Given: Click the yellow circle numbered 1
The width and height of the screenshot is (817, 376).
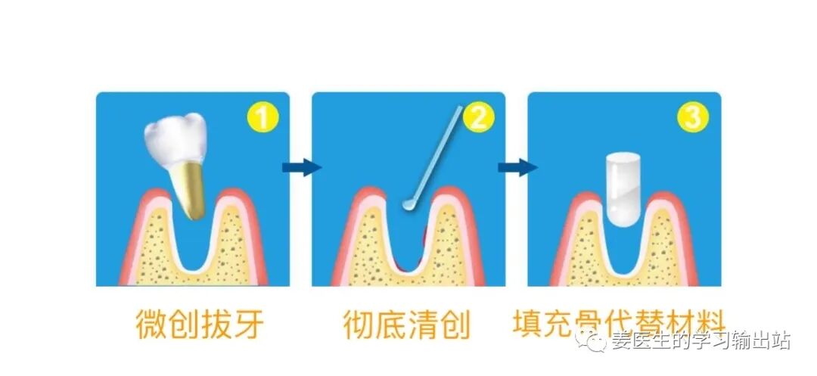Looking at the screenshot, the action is pos(262,118).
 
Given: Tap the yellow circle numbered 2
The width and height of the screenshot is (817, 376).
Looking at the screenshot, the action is pos(478,118).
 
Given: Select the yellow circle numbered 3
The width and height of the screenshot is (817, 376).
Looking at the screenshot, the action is pos(693,118).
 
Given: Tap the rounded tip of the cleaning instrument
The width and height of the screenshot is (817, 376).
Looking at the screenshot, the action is pos(409,204).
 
